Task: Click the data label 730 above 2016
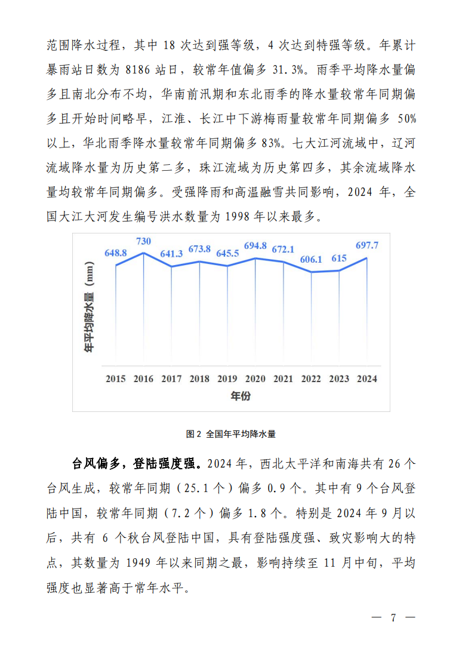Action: click(x=144, y=241)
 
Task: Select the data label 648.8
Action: click(x=115, y=253)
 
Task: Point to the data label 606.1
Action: click(x=311, y=260)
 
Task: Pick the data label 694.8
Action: click(x=255, y=246)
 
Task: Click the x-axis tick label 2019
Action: click(x=227, y=379)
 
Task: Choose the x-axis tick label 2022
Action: click(x=310, y=379)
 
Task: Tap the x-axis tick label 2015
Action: click(x=115, y=379)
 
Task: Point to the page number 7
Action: click(x=393, y=618)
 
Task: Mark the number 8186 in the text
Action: click(x=141, y=69)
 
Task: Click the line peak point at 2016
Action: click(x=143, y=253)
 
